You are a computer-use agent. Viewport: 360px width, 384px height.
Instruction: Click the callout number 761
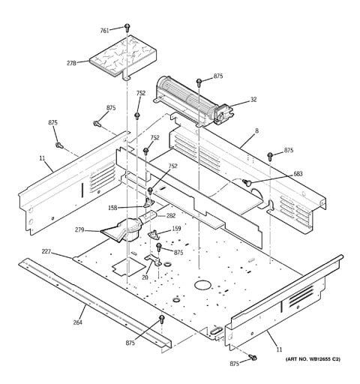[104, 31]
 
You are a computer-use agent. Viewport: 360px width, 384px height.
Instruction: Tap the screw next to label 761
[127, 28]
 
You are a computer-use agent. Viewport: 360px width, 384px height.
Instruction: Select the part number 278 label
[71, 63]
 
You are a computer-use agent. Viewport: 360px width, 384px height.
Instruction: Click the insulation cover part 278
[123, 58]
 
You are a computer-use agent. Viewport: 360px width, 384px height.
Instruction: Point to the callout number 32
[253, 100]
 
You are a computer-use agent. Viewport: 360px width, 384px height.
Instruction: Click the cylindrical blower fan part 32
[193, 103]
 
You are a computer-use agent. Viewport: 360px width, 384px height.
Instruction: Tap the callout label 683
[298, 173]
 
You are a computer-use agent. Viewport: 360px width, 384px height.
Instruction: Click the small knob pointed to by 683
[246, 182]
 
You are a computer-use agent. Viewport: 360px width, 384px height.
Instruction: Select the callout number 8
[256, 130]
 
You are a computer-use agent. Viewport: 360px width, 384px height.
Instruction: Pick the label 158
[112, 208]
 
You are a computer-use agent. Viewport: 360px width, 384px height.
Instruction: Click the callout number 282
[171, 215]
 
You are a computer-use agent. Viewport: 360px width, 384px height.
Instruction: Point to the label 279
[79, 229]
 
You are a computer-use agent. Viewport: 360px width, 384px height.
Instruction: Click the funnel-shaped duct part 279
[121, 230]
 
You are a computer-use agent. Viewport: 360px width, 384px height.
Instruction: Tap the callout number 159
[176, 229]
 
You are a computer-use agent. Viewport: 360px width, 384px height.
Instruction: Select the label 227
[46, 252]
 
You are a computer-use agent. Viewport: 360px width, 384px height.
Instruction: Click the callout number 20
[145, 277]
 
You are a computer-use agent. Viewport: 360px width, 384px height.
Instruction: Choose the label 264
[78, 322]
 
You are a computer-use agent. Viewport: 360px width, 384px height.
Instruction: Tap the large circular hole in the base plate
[202, 285]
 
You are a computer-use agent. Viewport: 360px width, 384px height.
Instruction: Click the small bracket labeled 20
[153, 260]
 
